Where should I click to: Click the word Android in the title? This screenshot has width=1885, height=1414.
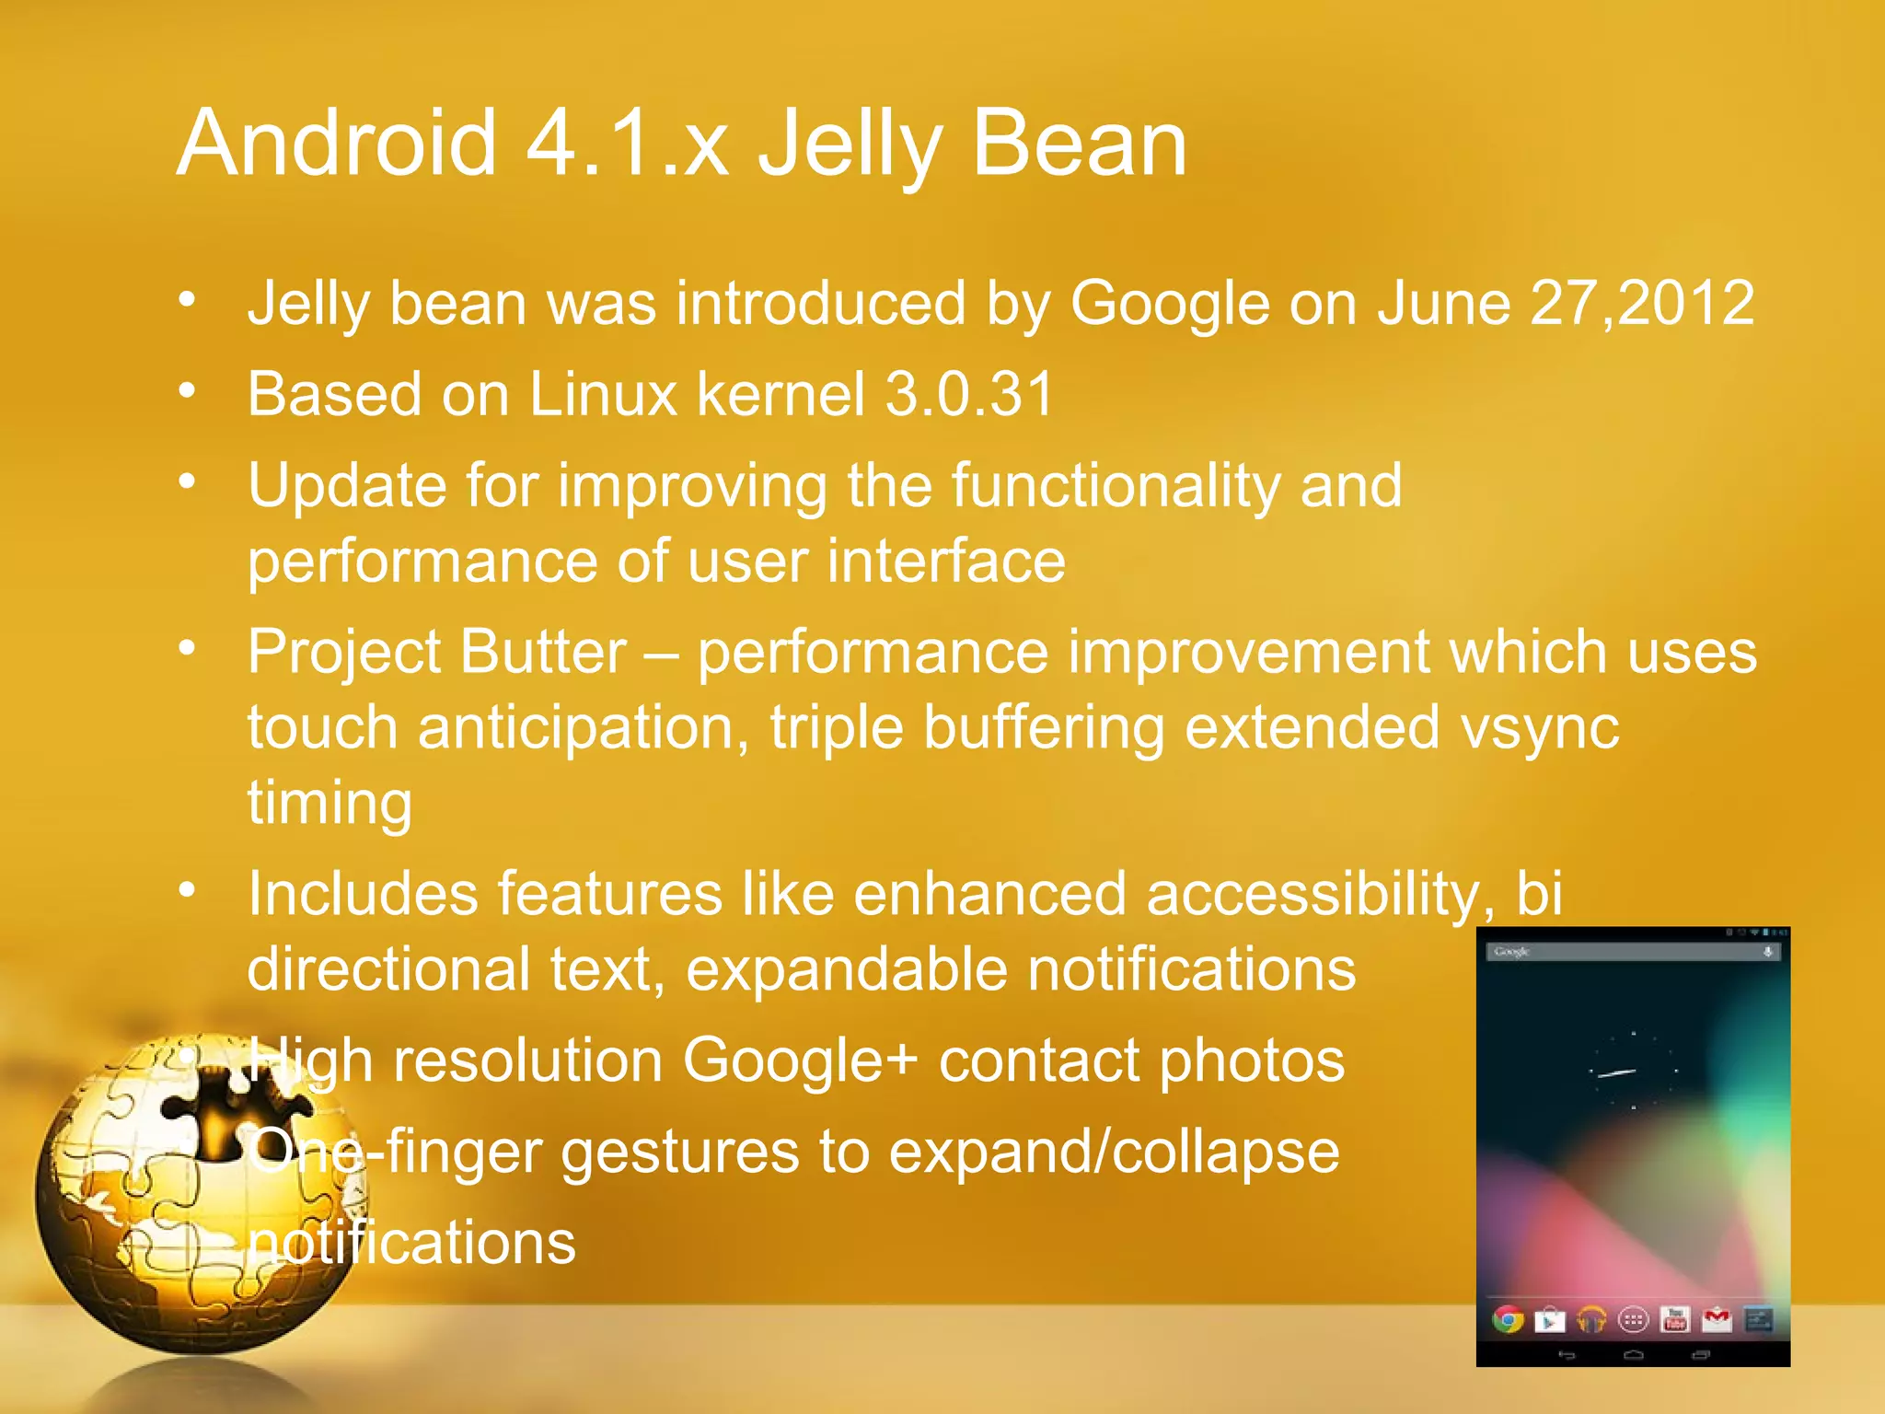(x=337, y=144)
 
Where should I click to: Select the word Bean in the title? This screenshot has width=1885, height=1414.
(x=1079, y=144)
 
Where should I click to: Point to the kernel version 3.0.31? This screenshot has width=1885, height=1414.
(x=968, y=394)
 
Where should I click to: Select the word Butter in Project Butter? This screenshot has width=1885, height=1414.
(x=543, y=652)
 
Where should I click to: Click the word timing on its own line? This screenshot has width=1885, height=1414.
(x=330, y=803)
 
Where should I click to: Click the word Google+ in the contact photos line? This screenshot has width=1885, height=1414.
(x=800, y=1060)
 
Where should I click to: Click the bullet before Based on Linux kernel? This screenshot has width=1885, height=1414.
(x=188, y=392)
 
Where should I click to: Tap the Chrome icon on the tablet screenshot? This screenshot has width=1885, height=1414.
(x=1508, y=1320)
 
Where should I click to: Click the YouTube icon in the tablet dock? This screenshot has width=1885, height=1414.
(x=1674, y=1320)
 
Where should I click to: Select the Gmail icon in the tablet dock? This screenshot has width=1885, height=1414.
(x=1717, y=1320)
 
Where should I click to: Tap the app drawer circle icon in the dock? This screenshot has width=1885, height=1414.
(x=1633, y=1321)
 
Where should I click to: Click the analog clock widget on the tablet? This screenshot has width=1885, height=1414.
(x=1633, y=1072)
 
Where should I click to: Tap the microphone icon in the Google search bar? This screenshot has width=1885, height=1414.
(x=1767, y=952)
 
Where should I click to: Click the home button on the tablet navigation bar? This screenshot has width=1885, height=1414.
(x=1634, y=1355)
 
